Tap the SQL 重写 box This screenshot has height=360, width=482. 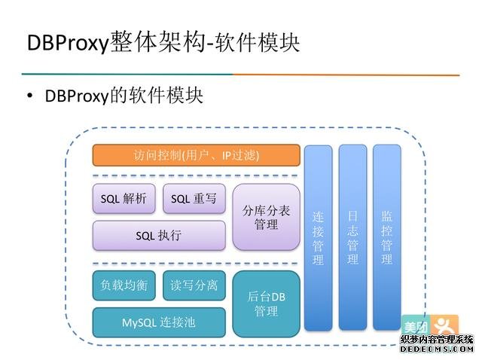point(194,199)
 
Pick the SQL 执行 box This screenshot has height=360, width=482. point(158,235)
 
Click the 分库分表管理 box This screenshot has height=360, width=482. point(266,216)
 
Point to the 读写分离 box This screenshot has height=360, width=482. point(194,285)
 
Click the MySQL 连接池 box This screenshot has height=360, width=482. point(158,322)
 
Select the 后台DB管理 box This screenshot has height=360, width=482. point(266,304)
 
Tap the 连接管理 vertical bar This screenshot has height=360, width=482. point(318,237)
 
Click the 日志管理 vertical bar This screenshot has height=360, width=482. point(352,237)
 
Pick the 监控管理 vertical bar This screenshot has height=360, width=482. point(386,237)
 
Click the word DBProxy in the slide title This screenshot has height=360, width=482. point(69,43)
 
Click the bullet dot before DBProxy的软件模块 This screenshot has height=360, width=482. point(30,97)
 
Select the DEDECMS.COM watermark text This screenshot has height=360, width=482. point(436,349)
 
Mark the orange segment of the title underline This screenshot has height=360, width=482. point(346,75)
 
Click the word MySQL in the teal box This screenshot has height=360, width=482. point(139,322)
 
